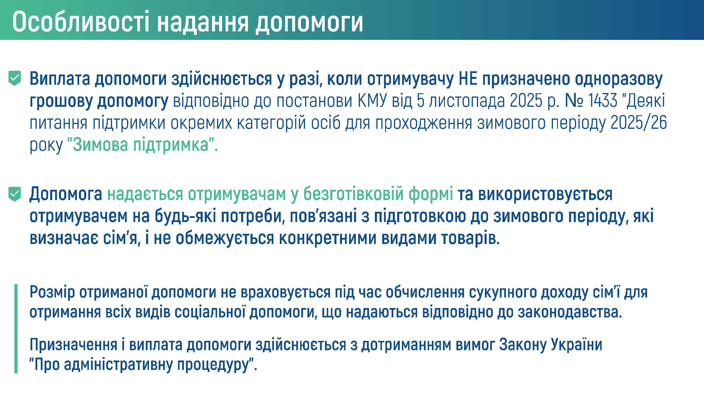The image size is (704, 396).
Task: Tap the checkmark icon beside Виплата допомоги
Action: pyautogui.click(x=15, y=78)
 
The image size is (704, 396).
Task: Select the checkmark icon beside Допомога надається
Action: pyautogui.click(x=15, y=194)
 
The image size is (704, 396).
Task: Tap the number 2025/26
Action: pyautogui.click(x=639, y=123)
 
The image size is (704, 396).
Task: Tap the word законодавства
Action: pyautogui.click(x=570, y=312)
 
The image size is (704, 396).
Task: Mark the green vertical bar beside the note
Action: pyautogui.click(x=16, y=329)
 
